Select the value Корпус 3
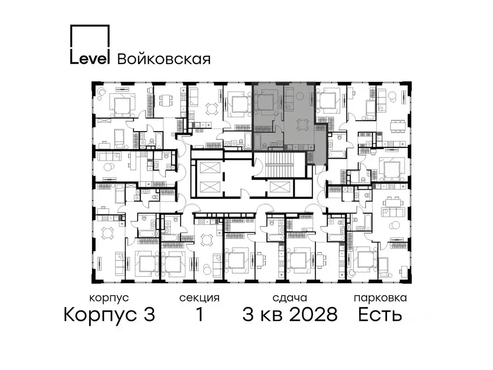tap(109, 315)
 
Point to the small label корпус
tap(109, 298)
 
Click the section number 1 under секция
tap(199, 315)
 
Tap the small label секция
tap(199, 298)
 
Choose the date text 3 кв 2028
tap(290, 315)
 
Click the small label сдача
tap(289, 298)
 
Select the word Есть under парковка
tap(380, 315)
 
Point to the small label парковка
tap(380, 298)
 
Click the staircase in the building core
tap(279, 166)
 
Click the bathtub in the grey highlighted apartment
tap(259, 141)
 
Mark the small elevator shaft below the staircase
tap(279, 187)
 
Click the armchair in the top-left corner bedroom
tap(102, 92)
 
